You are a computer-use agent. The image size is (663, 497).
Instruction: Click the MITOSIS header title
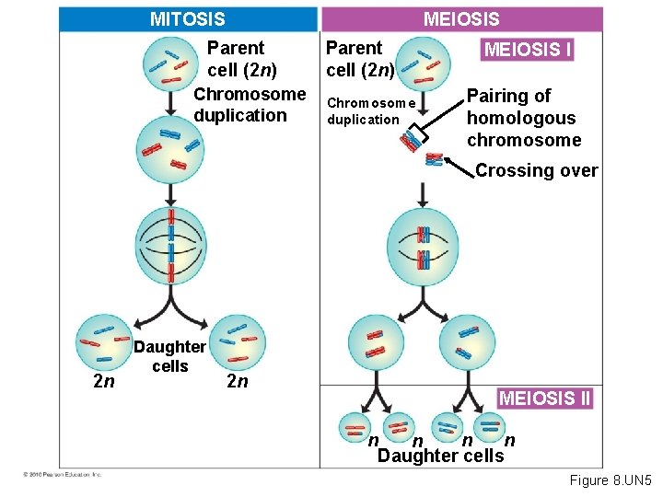point(187,18)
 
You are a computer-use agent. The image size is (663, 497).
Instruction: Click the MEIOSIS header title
point(460,18)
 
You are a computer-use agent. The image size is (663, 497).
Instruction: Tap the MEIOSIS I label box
point(528,49)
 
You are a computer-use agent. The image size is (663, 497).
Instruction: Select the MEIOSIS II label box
point(544,398)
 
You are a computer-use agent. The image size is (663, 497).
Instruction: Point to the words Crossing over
point(536,170)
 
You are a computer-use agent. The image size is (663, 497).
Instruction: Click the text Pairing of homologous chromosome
point(523,118)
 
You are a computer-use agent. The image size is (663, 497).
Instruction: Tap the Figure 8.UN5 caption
point(610,480)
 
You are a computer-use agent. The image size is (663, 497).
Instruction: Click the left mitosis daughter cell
point(104,344)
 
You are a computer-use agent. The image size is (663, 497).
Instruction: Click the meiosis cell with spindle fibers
point(423,245)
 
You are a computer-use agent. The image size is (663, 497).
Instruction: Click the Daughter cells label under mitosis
point(169,356)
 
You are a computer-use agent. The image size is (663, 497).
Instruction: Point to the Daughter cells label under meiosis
point(441,456)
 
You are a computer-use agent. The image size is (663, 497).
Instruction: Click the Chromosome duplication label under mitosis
point(250,104)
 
